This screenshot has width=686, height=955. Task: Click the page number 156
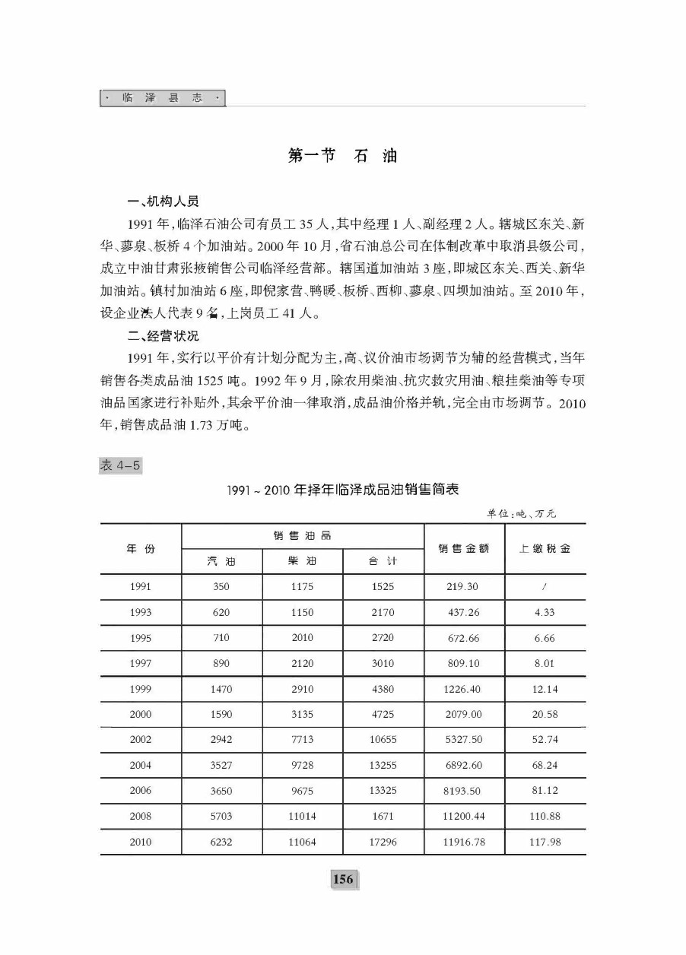(x=343, y=880)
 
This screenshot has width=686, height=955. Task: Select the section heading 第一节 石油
(x=343, y=156)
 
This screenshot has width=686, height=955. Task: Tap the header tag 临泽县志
(x=163, y=99)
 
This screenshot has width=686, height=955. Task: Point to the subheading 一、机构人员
(x=164, y=202)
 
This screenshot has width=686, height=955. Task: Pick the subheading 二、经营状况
(x=164, y=336)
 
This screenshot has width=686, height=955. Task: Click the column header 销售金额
(x=464, y=548)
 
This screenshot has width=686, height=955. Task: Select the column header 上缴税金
(x=545, y=548)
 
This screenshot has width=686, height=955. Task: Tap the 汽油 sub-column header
(x=221, y=562)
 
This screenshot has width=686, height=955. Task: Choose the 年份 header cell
(x=141, y=548)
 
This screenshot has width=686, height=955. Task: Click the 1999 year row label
(x=141, y=689)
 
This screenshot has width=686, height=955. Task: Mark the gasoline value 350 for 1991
(x=221, y=587)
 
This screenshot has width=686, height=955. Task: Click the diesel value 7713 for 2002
(x=302, y=740)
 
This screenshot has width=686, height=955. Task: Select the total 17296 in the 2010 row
(x=383, y=842)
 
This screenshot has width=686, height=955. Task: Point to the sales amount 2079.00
(x=464, y=714)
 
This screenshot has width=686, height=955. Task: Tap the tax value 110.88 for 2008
(x=545, y=816)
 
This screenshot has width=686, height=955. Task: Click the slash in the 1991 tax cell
(x=545, y=587)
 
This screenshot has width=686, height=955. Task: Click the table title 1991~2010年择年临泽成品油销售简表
(x=343, y=490)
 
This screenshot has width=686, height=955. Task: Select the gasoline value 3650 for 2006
(x=221, y=791)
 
